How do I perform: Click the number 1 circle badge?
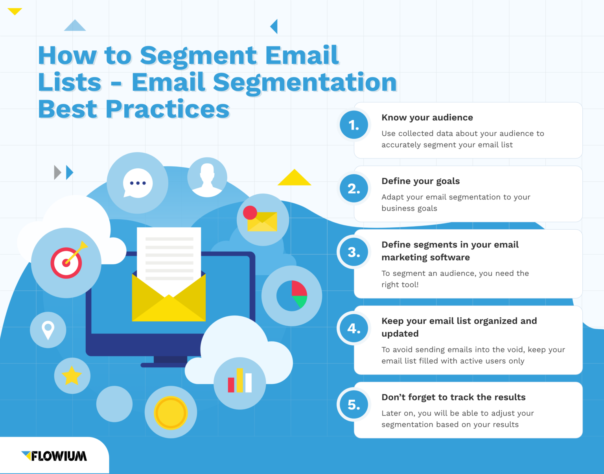[x=354, y=125]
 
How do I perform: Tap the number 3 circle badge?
[x=354, y=252]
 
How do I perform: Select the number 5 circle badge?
[x=354, y=405]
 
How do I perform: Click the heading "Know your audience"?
[x=427, y=118]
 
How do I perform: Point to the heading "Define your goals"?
[x=420, y=181]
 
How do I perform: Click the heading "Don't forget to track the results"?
[x=453, y=397]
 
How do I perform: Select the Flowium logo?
[x=54, y=456]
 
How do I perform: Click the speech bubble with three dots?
[x=137, y=183]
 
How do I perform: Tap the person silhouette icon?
[x=207, y=177]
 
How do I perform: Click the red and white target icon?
[x=66, y=263]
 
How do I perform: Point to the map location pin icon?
[x=48, y=330]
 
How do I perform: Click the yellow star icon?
[x=72, y=376]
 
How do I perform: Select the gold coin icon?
[x=171, y=413]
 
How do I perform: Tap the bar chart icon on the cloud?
[x=239, y=381]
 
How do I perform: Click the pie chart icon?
[x=292, y=296]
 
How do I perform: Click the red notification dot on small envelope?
[x=250, y=213]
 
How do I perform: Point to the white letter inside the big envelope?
[x=169, y=256]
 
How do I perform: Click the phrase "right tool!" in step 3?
[x=400, y=285]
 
